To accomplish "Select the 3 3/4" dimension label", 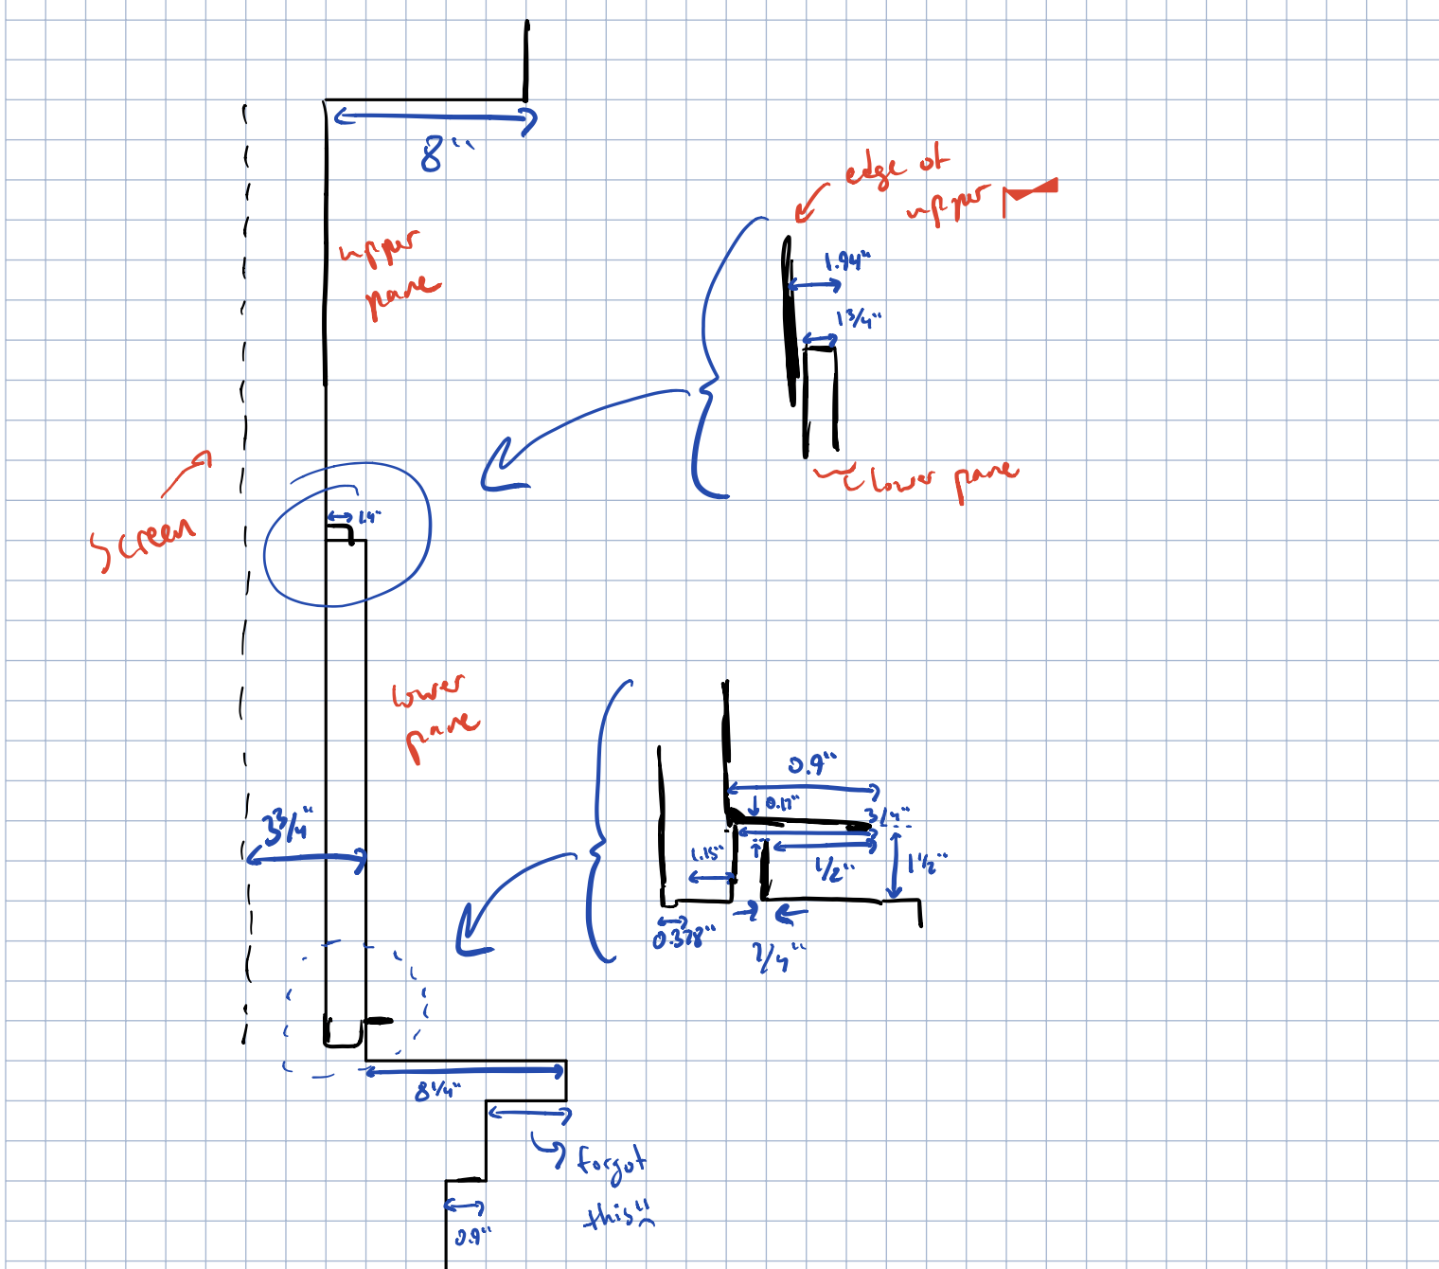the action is tap(287, 825).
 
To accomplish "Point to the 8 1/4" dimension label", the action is tap(436, 1091).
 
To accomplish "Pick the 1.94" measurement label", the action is tap(845, 261).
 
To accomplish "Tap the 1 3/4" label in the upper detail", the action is tap(858, 318).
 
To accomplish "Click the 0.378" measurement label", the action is tap(684, 938).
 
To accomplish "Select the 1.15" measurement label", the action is tap(706, 854).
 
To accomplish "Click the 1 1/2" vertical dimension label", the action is tap(927, 863).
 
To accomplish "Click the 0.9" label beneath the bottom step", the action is tap(472, 1237).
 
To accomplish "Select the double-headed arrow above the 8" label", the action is tap(435, 117).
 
